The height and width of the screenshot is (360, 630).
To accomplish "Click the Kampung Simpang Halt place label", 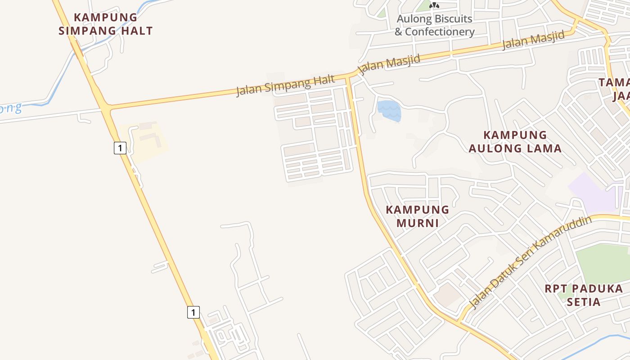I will tap(106, 24).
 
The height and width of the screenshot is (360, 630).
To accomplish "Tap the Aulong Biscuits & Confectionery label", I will tap(434, 25).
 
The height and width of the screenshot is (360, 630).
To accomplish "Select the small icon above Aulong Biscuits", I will tap(434, 5).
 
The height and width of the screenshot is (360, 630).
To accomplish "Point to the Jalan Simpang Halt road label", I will tap(286, 85).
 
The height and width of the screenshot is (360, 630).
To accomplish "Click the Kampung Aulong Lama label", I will tap(515, 141).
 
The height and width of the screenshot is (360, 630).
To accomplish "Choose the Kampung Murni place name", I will tap(417, 216).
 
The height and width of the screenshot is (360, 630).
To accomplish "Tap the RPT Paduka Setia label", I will tap(584, 295).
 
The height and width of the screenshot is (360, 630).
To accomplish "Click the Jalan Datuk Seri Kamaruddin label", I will tap(530, 263).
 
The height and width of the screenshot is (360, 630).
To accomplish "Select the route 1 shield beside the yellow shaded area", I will tap(120, 148).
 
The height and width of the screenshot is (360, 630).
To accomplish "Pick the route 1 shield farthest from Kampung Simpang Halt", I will tap(193, 312).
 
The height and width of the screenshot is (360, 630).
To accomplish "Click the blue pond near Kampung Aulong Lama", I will tap(389, 111).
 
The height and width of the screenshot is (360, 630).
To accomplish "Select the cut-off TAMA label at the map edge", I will tap(614, 89).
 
